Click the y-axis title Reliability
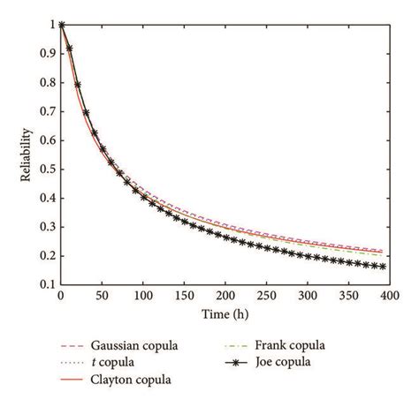(x=27, y=155)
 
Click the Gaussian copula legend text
(x=138, y=346)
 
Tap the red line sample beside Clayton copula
(x=72, y=380)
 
